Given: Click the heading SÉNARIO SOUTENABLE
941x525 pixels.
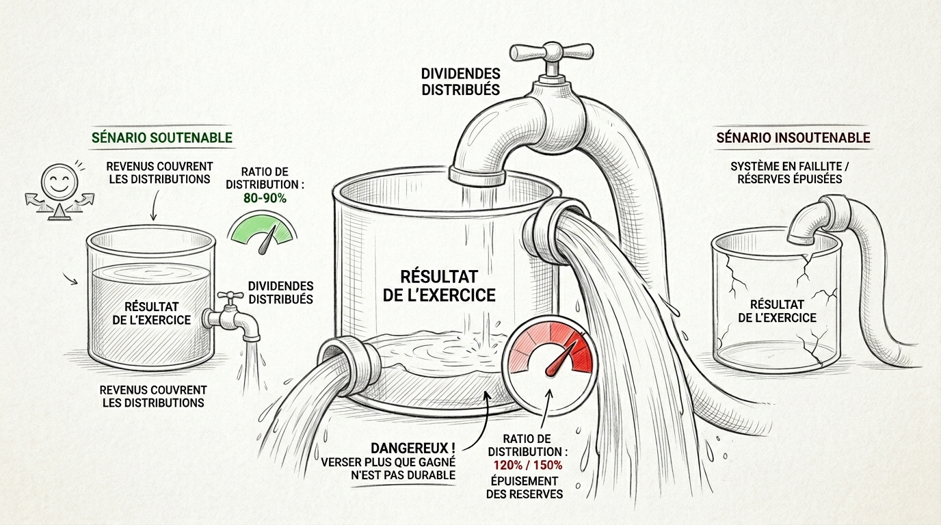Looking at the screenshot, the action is (161, 137).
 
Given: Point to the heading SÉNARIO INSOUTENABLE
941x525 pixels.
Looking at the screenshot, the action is (793, 137).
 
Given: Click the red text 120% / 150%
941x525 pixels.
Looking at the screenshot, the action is (528, 465).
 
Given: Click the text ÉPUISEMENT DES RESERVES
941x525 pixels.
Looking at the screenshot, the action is (525, 487).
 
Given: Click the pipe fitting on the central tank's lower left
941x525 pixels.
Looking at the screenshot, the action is (350, 361).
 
